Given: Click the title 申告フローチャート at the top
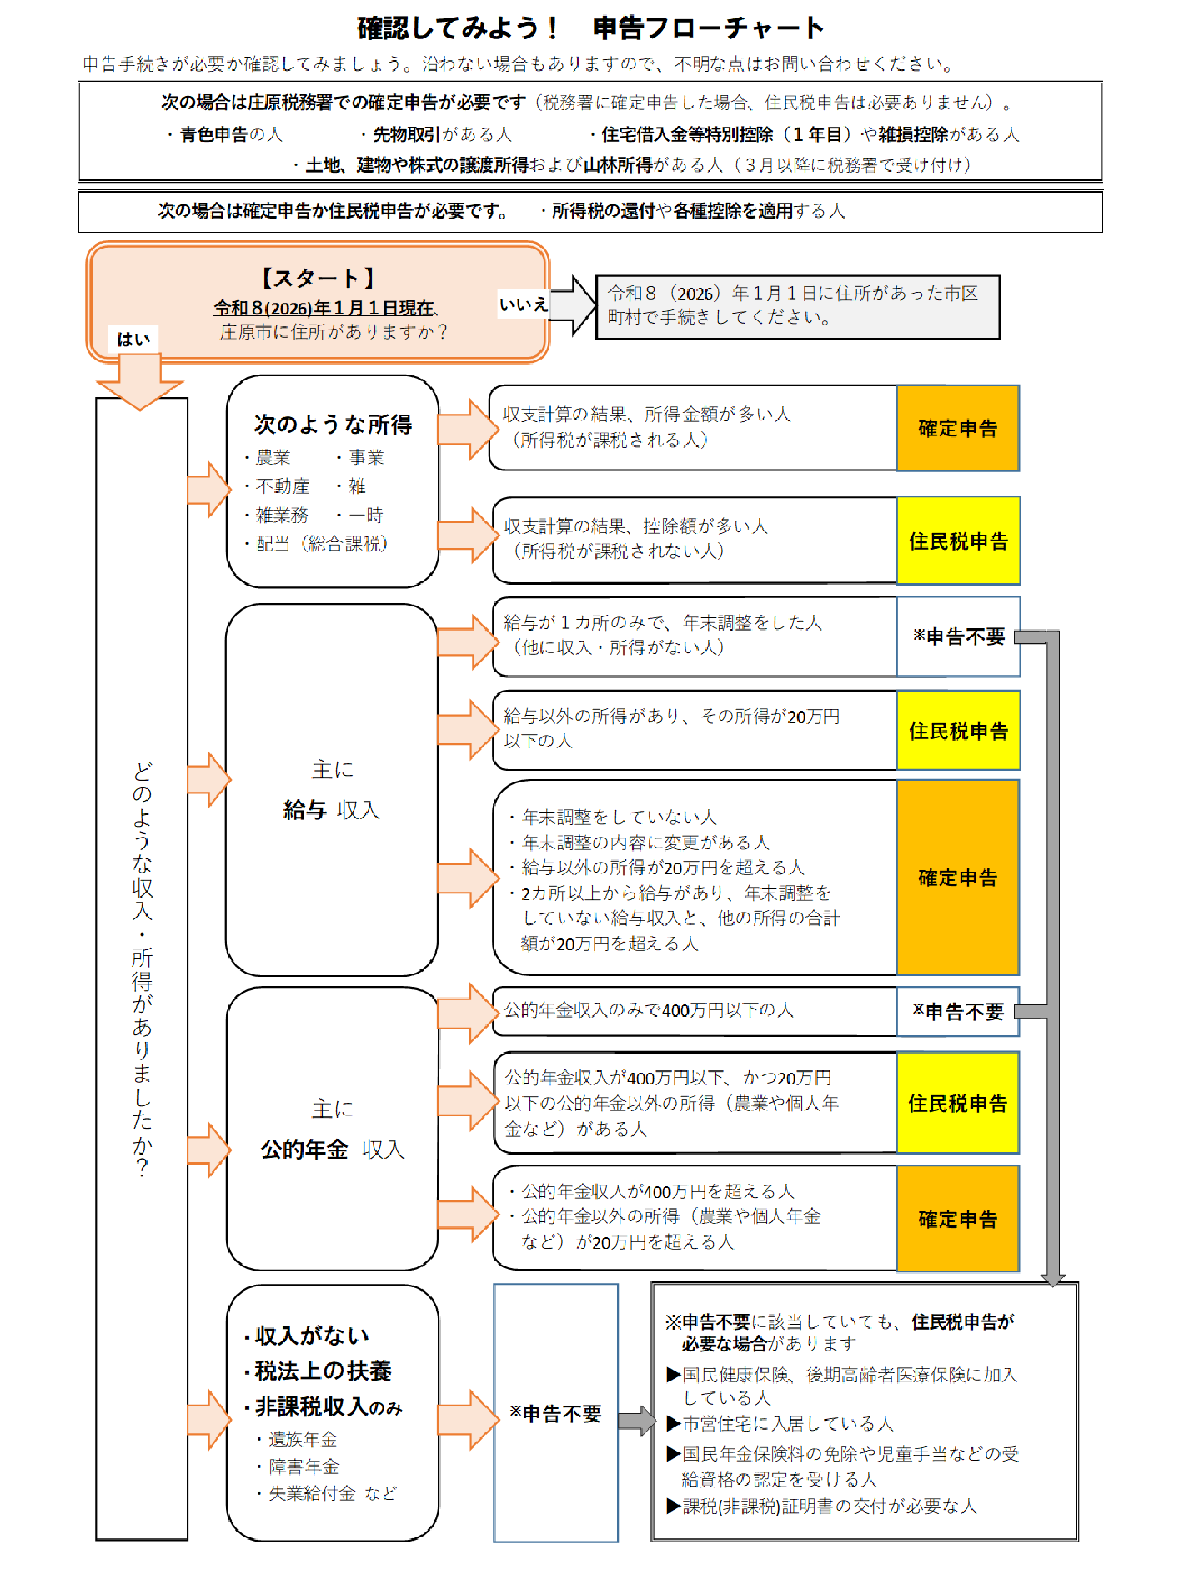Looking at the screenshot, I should [708, 28].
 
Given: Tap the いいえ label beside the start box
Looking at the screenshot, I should [523, 305].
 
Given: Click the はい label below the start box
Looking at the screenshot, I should [133, 339].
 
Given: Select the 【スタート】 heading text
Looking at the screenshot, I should [318, 278].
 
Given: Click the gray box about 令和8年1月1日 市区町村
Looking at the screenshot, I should [797, 306].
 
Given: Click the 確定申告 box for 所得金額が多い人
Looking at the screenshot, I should [957, 428].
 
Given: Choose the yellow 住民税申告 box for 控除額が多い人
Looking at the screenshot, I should [957, 541].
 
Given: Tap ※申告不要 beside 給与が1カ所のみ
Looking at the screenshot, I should [958, 637].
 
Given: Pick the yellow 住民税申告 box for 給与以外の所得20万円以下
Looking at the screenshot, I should [957, 731].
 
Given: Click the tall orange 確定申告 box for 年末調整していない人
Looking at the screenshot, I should [957, 878].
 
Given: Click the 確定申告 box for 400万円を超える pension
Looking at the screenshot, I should [957, 1219].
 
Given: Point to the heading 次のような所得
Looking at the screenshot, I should [333, 424].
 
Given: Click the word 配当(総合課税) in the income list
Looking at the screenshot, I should [321, 544].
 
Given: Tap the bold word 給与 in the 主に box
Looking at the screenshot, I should [304, 810].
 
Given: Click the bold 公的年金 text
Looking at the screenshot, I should [304, 1150].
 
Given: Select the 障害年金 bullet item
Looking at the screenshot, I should [304, 1467].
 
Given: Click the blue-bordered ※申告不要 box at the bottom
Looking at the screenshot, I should [555, 1413].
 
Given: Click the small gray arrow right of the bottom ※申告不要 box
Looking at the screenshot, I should [636, 1420].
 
